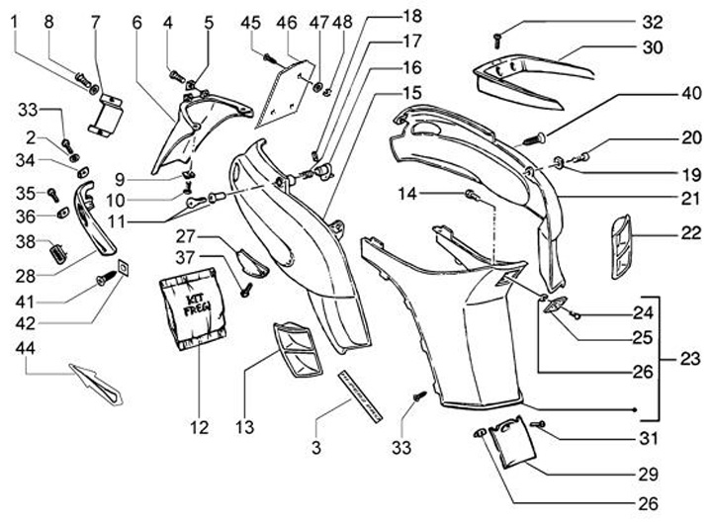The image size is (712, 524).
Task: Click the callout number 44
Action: click(26, 348)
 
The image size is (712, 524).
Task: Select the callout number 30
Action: click(653, 47)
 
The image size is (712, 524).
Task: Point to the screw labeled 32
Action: click(497, 41)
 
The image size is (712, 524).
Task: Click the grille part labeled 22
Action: click(621, 246)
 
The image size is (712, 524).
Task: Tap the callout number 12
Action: click(200, 427)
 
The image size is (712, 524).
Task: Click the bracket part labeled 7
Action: click(107, 116)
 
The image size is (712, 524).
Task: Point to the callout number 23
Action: click(690, 359)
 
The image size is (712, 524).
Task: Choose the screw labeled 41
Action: click(106, 278)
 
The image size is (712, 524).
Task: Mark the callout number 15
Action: click(411, 93)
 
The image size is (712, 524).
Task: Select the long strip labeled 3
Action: click(360, 395)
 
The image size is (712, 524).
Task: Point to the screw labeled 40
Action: click(534, 137)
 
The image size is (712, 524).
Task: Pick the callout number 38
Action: click(26, 241)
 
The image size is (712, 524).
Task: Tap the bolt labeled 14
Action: click(473, 195)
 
